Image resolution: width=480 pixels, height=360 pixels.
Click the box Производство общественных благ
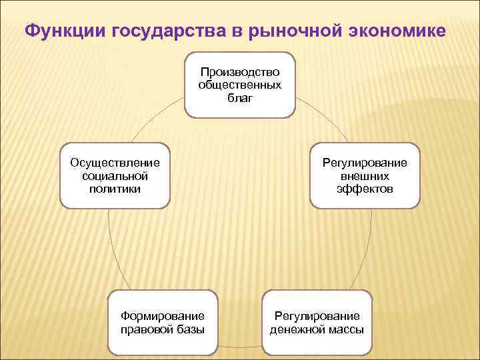point(239,85)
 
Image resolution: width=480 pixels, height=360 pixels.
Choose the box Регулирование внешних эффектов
point(365,176)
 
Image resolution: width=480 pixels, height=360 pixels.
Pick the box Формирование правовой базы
point(163,323)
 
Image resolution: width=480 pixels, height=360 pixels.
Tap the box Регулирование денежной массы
point(317,323)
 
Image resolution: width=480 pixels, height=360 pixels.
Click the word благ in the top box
point(239,98)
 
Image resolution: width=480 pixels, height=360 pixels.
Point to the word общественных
point(239,85)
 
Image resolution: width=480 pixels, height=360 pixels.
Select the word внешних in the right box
point(365,176)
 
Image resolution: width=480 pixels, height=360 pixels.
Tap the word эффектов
point(365,189)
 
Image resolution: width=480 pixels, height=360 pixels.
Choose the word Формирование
point(163,316)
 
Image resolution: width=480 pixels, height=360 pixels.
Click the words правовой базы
point(163,329)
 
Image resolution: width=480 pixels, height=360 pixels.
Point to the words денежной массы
point(317,329)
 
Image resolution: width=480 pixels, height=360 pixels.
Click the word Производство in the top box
point(239,71)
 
